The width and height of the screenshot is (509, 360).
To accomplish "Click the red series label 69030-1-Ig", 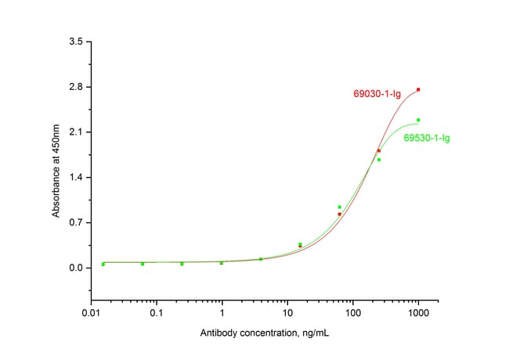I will click(x=376, y=94).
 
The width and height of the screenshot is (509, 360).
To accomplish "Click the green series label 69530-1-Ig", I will click(x=426, y=139).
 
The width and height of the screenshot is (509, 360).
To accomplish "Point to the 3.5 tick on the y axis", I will click(x=76, y=41).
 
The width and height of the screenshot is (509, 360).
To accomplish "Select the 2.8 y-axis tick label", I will click(x=76, y=86).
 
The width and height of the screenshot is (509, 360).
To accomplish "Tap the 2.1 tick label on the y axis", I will click(x=76, y=131).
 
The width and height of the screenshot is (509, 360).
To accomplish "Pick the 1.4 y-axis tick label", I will click(x=76, y=177).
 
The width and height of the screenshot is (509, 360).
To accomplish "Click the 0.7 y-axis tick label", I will click(x=76, y=222).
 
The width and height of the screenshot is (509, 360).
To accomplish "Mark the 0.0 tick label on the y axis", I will click(x=76, y=268).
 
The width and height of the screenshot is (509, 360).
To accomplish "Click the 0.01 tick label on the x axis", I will click(x=91, y=314).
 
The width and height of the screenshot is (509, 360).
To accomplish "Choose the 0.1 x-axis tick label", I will click(x=156, y=314).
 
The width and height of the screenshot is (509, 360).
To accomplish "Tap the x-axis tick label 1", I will click(x=222, y=314).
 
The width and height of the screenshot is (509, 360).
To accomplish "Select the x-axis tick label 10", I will click(x=287, y=314).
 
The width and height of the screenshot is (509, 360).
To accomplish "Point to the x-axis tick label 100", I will click(x=352, y=314).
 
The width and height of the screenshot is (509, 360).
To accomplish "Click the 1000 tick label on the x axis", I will click(x=418, y=314).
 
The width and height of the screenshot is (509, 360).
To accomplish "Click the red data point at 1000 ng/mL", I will click(x=418, y=90).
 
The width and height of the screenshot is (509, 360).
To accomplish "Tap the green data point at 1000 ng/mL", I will click(x=418, y=120).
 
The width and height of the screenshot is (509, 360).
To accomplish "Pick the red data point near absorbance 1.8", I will click(x=379, y=151).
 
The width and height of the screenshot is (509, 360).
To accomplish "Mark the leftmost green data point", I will click(x=103, y=265).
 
